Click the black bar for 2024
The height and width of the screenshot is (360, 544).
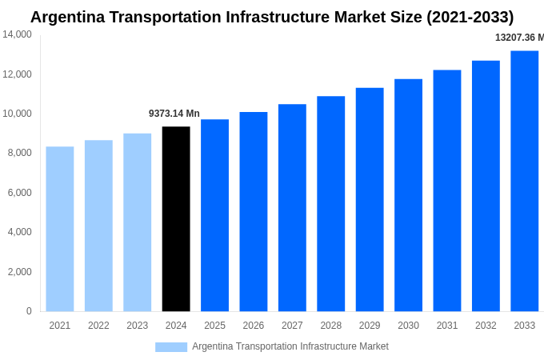coord(176,218)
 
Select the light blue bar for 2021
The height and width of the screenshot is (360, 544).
coord(60,229)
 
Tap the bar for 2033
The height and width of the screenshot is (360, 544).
coord(524,181)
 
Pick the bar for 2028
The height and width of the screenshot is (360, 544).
coord(330,203)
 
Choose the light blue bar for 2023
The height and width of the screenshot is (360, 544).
coord(137,222)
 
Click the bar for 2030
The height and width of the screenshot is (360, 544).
coord(408,194)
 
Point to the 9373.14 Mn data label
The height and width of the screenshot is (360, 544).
coord(174,114)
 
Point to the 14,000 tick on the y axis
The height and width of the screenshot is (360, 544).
coord(18,34)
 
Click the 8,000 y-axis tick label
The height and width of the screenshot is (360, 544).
coord(20,153)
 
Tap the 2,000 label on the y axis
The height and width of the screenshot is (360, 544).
coord(20,272)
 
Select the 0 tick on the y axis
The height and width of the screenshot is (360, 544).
coord(29,311)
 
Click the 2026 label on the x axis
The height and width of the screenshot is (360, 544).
coord(253,326)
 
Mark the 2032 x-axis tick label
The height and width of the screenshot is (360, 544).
coord(486,326)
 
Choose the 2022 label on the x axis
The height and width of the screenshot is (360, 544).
coord(98,326)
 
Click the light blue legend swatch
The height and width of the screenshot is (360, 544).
coord(170,347)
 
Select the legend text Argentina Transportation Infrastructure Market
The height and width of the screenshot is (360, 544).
coord(290,346)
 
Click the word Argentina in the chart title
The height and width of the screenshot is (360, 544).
coord(68,17)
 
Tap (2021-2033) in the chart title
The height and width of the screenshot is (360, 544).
coord(463,17)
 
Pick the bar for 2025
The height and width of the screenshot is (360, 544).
coord(214,215)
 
